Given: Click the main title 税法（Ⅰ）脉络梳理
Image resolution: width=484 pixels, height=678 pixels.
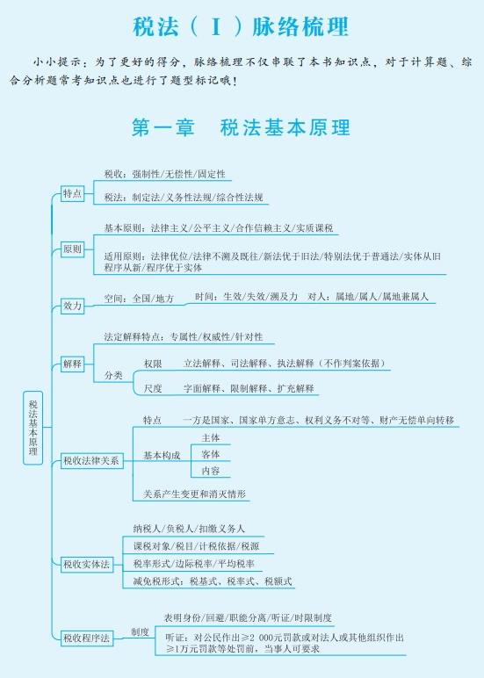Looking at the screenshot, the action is click(x=241, y=27).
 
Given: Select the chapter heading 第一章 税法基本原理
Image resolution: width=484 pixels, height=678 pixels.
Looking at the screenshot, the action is click(x=241, y=127).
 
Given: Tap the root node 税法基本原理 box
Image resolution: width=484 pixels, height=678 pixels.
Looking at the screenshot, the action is click(x=33, y=428).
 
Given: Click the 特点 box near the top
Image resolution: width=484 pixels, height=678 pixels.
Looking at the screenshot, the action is click(x=72, y=193).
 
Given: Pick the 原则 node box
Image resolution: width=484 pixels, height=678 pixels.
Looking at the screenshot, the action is click(x=72, y=249).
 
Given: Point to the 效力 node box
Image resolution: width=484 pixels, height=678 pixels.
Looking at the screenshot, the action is click(x=72, y=306).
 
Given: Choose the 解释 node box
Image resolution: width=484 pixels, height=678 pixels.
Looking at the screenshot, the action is click(x=72, y=364).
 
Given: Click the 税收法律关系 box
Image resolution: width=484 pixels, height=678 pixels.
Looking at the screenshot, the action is click(x=91, y=460).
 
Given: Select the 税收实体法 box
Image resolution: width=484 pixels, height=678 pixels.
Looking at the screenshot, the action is click(x=86, y=565).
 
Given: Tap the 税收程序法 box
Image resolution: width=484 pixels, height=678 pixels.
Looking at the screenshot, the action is click(x=86, y=638).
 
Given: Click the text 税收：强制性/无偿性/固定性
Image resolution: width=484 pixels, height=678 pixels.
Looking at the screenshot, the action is click(x=165, y=174).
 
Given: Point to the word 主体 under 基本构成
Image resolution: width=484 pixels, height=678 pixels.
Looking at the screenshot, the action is click(x=211, y=438).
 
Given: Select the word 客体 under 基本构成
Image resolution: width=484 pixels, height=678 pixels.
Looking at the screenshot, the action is click(x=211, y=454).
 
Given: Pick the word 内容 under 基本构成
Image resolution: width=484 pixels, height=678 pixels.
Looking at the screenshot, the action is click(x=211, y=471).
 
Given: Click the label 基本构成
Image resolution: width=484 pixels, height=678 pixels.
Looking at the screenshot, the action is click(x=162, y=455).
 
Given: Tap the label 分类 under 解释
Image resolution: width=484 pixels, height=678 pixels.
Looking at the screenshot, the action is click(x=113, y=375).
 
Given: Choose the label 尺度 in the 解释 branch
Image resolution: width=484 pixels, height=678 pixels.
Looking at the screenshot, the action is click(x=153, y=388).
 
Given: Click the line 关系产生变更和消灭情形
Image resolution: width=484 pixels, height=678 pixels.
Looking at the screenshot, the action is click(x=195, y=494).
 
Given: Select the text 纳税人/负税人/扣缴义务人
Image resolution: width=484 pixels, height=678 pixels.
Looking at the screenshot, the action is click(x=189, y=529).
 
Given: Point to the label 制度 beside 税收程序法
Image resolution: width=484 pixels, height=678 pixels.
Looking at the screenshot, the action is click(x=141, y=632).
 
